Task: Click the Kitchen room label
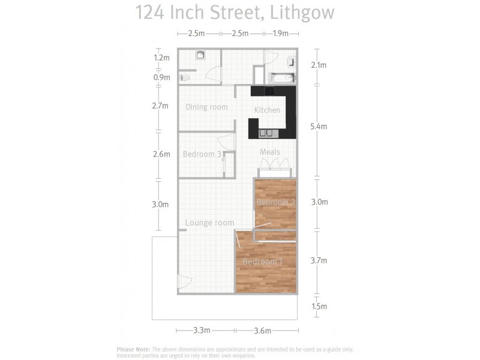click(x=267, y=110)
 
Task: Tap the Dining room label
click(x=206, y=107)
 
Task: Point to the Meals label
click(x=269, y=152)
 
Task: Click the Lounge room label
click(x=209, y=223)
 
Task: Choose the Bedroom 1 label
click(x=262, y=262)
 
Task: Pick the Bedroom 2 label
click(x=276, y=203)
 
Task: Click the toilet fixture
click(x=185, y=77)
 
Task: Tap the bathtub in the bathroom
click(x=281, y=77)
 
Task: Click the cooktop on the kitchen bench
click(x=269, y=91)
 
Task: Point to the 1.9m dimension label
click(x=281, y=34)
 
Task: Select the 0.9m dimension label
click(x=162, y=77)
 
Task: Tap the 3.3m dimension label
click(x=202, y=331)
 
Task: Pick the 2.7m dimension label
click(x=161, y=106)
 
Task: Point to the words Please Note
click(x=133, y=349)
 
